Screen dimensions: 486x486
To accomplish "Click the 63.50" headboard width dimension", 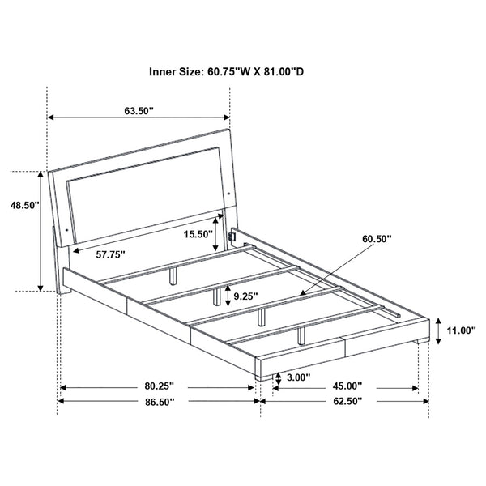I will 139,111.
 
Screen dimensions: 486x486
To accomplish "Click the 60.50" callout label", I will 377,240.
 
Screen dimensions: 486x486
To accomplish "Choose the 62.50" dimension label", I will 346,401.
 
